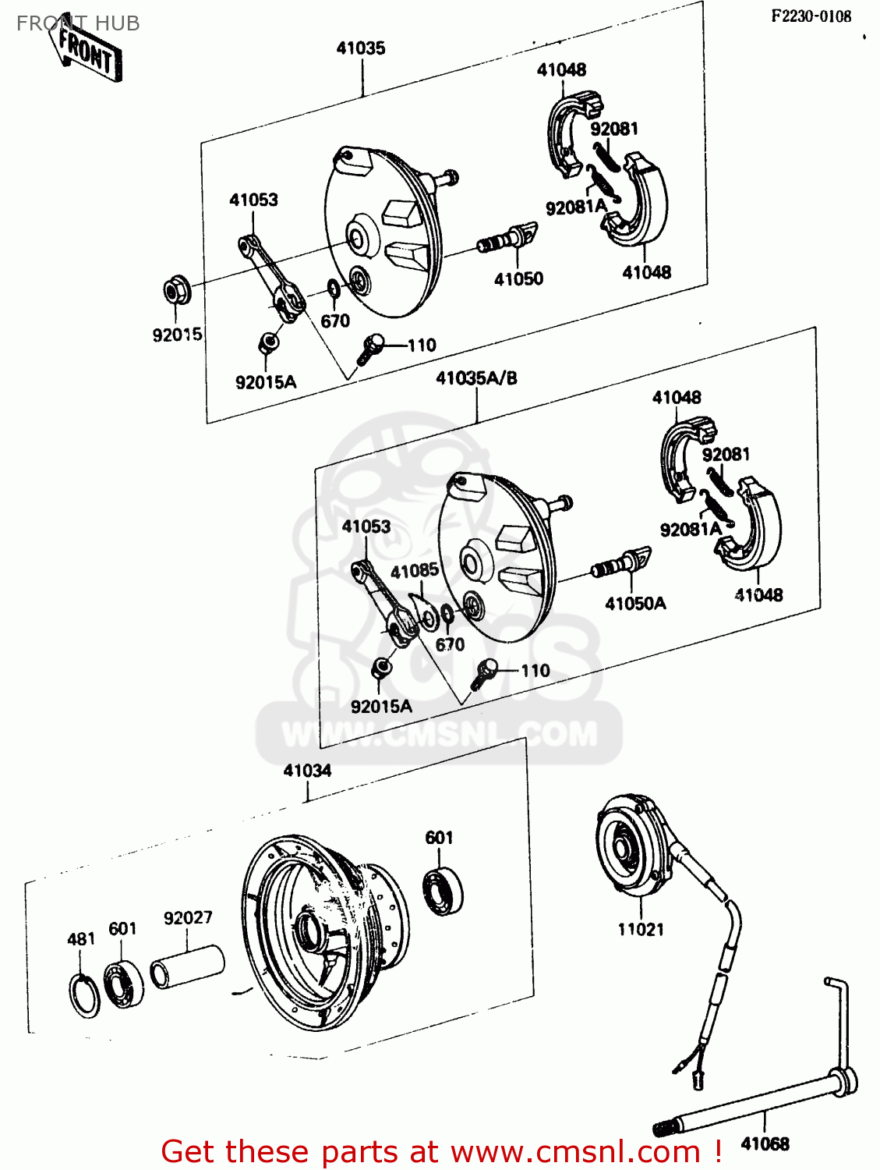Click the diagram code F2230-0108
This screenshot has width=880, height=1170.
click(811, 16)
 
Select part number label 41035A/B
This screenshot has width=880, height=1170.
click(475, 378)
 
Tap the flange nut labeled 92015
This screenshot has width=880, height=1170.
click(175, 291)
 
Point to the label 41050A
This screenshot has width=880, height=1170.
click(635, 603)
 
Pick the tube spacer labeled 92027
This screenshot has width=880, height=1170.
click(187, 966)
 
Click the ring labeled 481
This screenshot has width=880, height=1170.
click(84, 995)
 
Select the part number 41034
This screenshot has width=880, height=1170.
click(307, 771)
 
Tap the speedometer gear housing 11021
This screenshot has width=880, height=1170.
click(631, 846)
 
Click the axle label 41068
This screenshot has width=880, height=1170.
click(765, 1143)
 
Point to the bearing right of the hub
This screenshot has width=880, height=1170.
click(443, 889)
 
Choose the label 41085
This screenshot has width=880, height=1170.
click(414, 571)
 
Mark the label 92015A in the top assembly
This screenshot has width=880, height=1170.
click(266, 382)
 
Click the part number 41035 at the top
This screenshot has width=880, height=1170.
click(360, 48)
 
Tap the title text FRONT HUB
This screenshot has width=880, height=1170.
click(78, 23)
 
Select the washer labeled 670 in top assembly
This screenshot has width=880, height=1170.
click(333, 290)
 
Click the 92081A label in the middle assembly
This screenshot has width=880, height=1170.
click(690, 530)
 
